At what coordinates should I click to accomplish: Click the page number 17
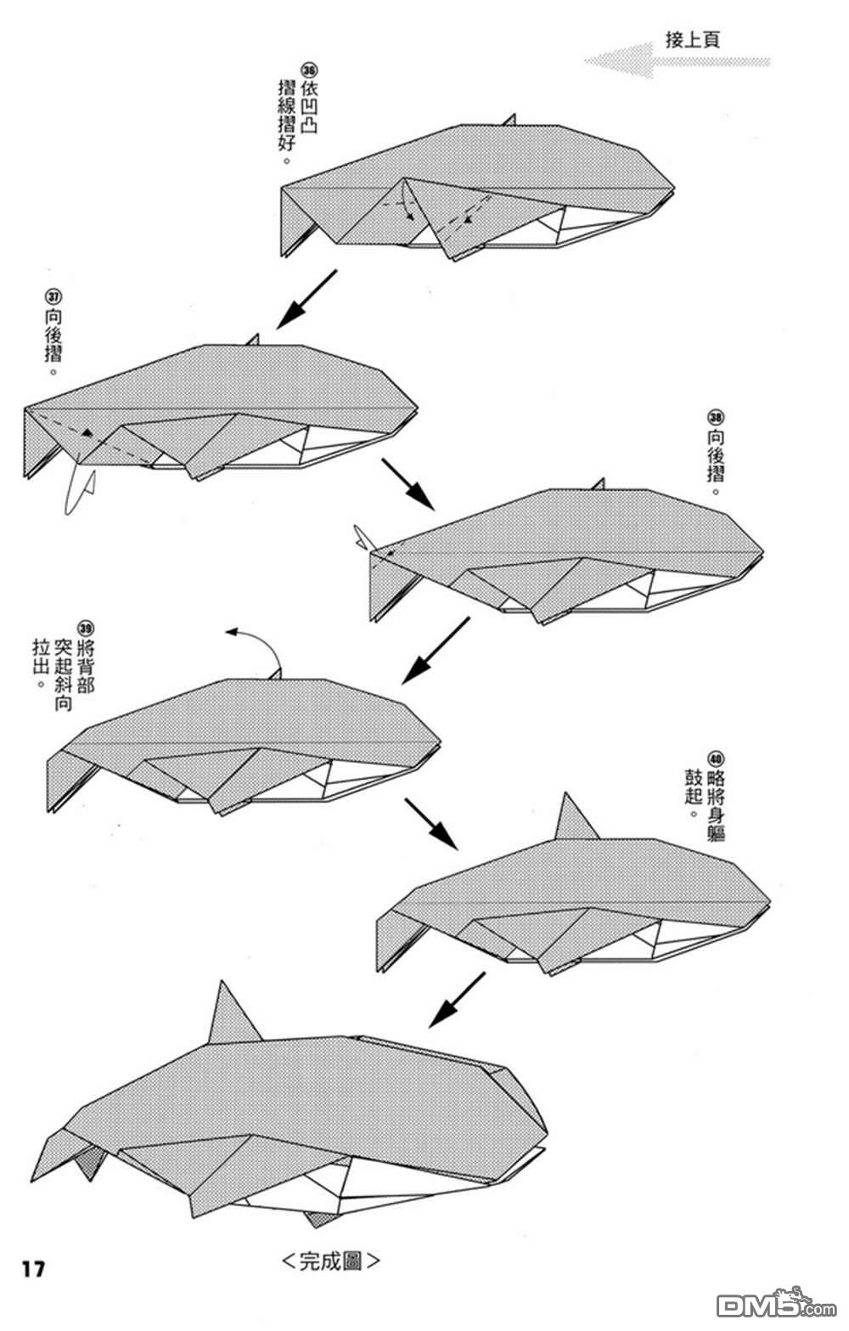[x=33, y=1270]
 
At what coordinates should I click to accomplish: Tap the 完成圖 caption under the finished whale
[x=330, y=1261]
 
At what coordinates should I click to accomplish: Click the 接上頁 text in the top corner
[x=692, y=40]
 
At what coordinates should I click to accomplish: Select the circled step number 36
[x=310, y=70]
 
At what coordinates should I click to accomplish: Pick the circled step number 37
[x=53, y=296]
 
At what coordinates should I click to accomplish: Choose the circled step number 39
[x=86, y=628]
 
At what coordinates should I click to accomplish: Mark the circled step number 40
[x=716, y=759]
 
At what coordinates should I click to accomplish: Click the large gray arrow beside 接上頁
[x=678, y=60]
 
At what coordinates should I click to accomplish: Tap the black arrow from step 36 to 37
[x=306, y=299]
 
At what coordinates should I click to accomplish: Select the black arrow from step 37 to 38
[x=408, y=483]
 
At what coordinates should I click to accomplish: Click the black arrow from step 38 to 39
[x=436, y=650]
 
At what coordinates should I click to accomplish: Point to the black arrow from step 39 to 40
[x=431, y=824]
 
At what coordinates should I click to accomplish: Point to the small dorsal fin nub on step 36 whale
[x=509, y=120]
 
